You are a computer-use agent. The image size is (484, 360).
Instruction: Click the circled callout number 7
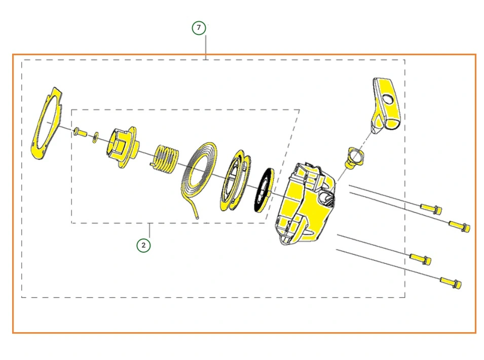pyautogui.click(x=199, y=28)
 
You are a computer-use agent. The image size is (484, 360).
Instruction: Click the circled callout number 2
pyautogui.click(x=143, y=245)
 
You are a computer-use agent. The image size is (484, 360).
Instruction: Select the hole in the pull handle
pyautogui.click(x=388, y=99)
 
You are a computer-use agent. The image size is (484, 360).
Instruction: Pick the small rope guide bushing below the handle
pyautogui.click(x=354, y=157)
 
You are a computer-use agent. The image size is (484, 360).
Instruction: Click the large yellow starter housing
pyautogui.click(x=305, y=204)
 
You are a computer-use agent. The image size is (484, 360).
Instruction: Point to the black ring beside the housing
pyautogui.click(x=265, y=190)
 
